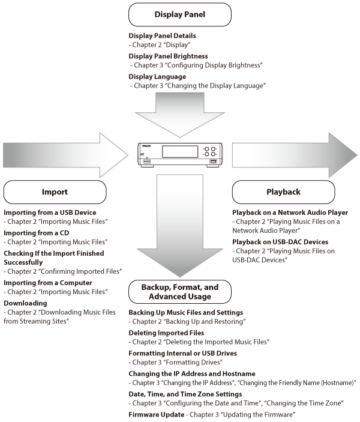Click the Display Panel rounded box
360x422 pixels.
point(180,14)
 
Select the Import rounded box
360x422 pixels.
point(55,192)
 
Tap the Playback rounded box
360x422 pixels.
point(283,192)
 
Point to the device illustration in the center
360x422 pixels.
point(180,154)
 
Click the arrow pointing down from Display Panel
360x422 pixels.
point(180,114)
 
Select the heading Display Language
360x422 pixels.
point(157,77)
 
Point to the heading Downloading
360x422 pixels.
point(25,303)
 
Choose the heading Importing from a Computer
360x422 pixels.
point(48,283)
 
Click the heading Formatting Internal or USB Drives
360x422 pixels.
point(182,353)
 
